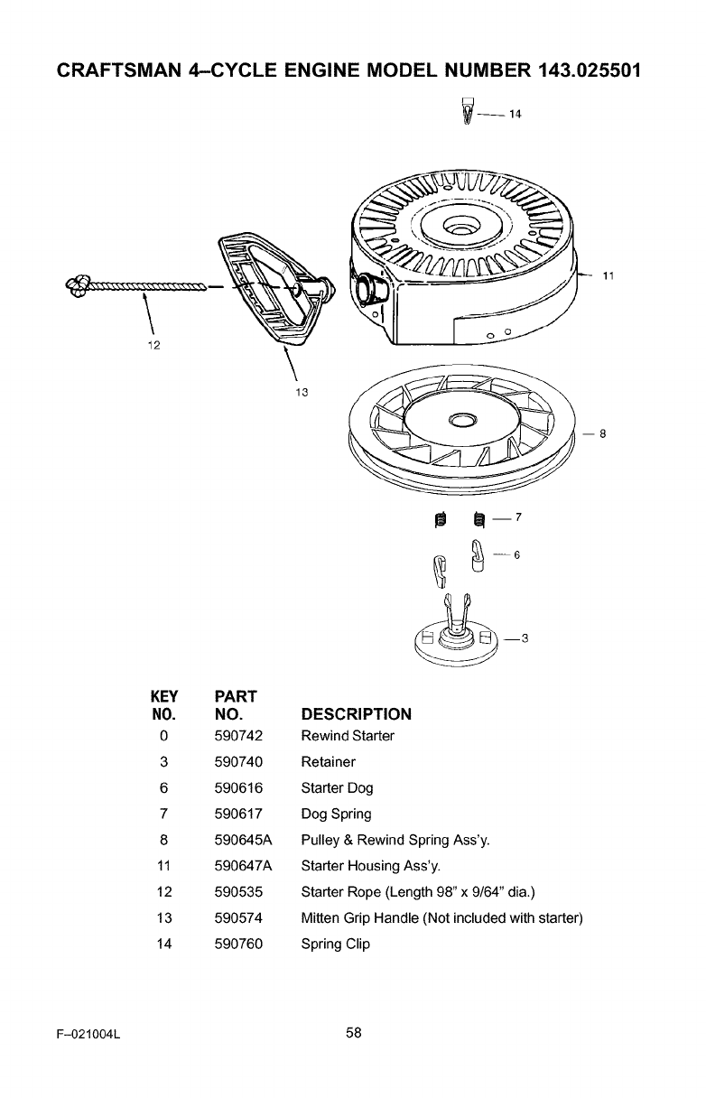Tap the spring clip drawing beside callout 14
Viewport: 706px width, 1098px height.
(467, 113)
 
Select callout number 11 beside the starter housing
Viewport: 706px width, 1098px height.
(608, 276)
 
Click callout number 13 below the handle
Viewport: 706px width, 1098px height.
(302, 391)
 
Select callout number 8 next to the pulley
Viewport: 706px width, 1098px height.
(601, 433)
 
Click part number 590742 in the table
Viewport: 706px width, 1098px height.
(239, 735)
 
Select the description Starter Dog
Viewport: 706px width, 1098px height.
(337, 787)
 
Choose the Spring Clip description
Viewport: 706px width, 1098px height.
(335, 944)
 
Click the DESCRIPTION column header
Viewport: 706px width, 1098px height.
(356, 714)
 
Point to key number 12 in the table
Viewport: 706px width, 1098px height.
(163, 892)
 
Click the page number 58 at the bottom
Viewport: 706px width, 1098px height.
(353, 1034)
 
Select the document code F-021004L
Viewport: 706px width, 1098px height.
(87, 1035)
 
